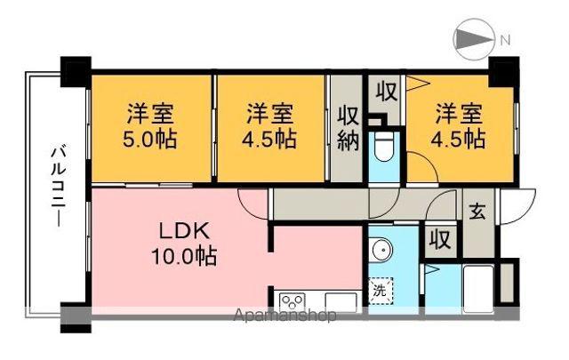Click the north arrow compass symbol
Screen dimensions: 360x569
point(473,40)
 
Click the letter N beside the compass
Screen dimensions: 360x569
point(504,39)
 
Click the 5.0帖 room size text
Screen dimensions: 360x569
point(148,139)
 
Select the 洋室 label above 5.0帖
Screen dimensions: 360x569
point(148,114)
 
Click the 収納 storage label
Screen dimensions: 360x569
point(347,129)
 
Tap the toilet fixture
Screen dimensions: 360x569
point(384,150)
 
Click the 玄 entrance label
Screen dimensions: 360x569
point(477,212)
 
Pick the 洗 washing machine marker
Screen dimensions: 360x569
point(380,290)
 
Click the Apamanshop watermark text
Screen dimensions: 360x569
point(284,316)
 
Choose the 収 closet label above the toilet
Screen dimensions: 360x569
point(386,92)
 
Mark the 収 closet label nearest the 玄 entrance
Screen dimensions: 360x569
point(438,240)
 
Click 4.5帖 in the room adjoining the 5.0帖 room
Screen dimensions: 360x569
point(270,139)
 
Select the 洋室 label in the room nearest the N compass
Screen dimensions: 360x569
point(459,114)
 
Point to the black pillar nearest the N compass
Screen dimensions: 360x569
point(504,68)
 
